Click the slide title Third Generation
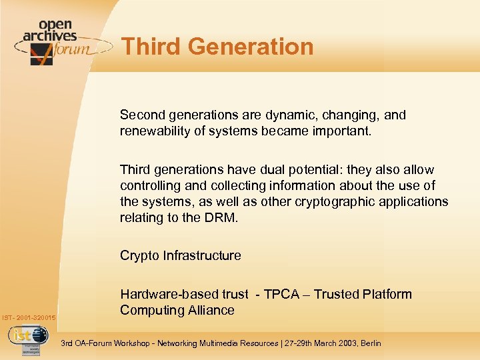(x=217, y=47)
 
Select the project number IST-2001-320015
(x=29, y=317)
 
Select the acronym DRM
(x=222, y=217)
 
